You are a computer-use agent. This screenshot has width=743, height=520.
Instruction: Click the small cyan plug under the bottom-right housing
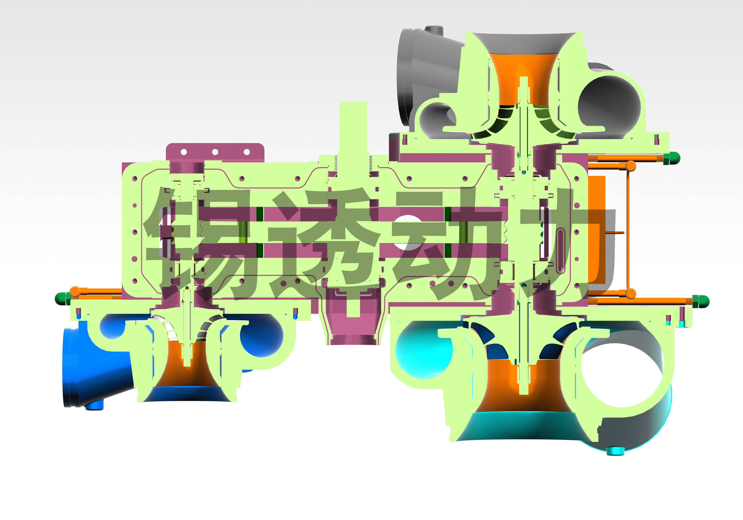615,451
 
